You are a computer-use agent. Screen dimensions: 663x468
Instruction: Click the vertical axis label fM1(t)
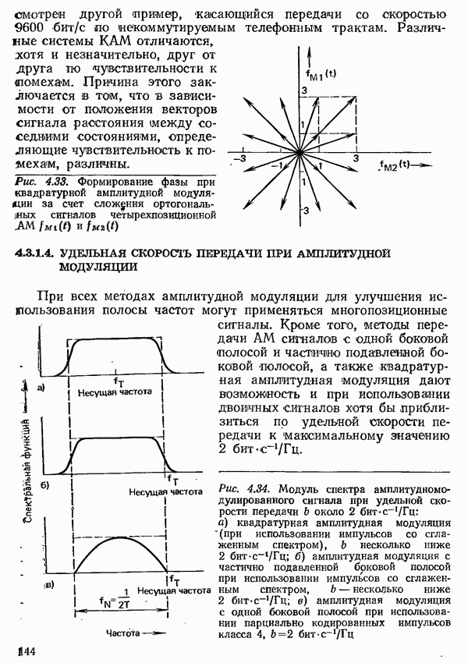(x=319, y=75)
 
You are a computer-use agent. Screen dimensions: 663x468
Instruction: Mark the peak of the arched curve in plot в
(x=117, y=537)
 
